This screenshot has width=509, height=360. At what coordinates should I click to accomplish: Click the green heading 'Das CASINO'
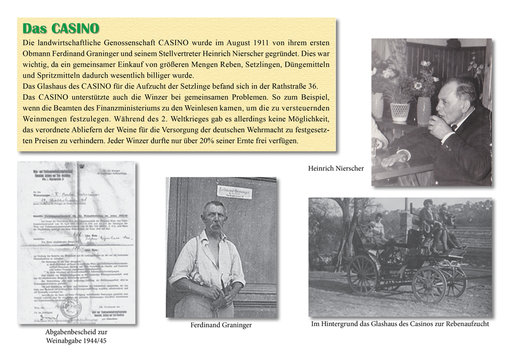tap(61, 28)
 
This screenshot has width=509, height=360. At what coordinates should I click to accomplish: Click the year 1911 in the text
tap(261, 43)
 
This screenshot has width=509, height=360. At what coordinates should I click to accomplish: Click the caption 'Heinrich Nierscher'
tap(336, 168)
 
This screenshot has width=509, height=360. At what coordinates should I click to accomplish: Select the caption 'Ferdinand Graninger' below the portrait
tap(221, 325)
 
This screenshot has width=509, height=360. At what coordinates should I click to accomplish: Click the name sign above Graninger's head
tap(234, 191)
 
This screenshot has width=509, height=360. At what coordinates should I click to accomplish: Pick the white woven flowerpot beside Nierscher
tap(399, 111)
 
